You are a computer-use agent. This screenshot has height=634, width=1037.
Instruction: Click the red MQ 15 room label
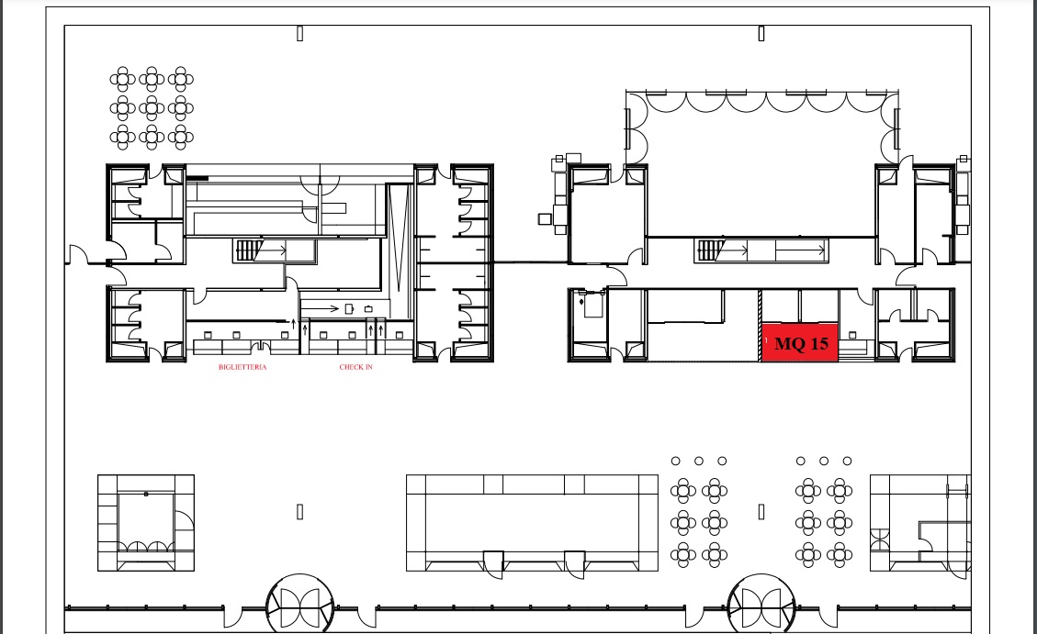[x=800, y=343]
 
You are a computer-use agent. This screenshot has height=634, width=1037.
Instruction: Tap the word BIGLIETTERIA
[x=242, y=367]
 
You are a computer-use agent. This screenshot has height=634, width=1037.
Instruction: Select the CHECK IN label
[x=355, y=367]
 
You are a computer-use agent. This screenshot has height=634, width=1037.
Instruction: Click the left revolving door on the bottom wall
[x=299, y=605]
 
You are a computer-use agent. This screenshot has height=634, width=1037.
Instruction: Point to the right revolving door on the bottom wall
[x=761, y=605]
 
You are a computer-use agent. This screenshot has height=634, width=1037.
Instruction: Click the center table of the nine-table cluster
[x=152, y=107]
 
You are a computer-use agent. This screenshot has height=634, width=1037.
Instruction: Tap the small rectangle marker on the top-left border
[x=299, y=34]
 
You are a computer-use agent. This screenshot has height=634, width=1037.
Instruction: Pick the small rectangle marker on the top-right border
[x=761, y=34]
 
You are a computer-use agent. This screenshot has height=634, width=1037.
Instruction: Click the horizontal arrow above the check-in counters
[x=320, y=308]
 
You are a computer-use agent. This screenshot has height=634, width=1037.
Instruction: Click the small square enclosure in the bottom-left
[x=146, y=522]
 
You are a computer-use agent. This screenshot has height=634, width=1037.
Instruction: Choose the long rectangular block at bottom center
[x=533, y=522]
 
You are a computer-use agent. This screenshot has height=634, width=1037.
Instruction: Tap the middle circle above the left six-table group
[x=698, y=461]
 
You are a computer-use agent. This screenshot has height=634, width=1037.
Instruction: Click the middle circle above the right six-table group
[x=823, y=461]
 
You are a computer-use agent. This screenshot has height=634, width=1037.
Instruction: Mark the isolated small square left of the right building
[x=545, y=218]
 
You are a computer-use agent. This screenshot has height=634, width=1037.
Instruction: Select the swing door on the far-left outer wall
[x=78, y=254]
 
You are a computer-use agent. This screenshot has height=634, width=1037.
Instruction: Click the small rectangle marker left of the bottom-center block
[x=299, y=511]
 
